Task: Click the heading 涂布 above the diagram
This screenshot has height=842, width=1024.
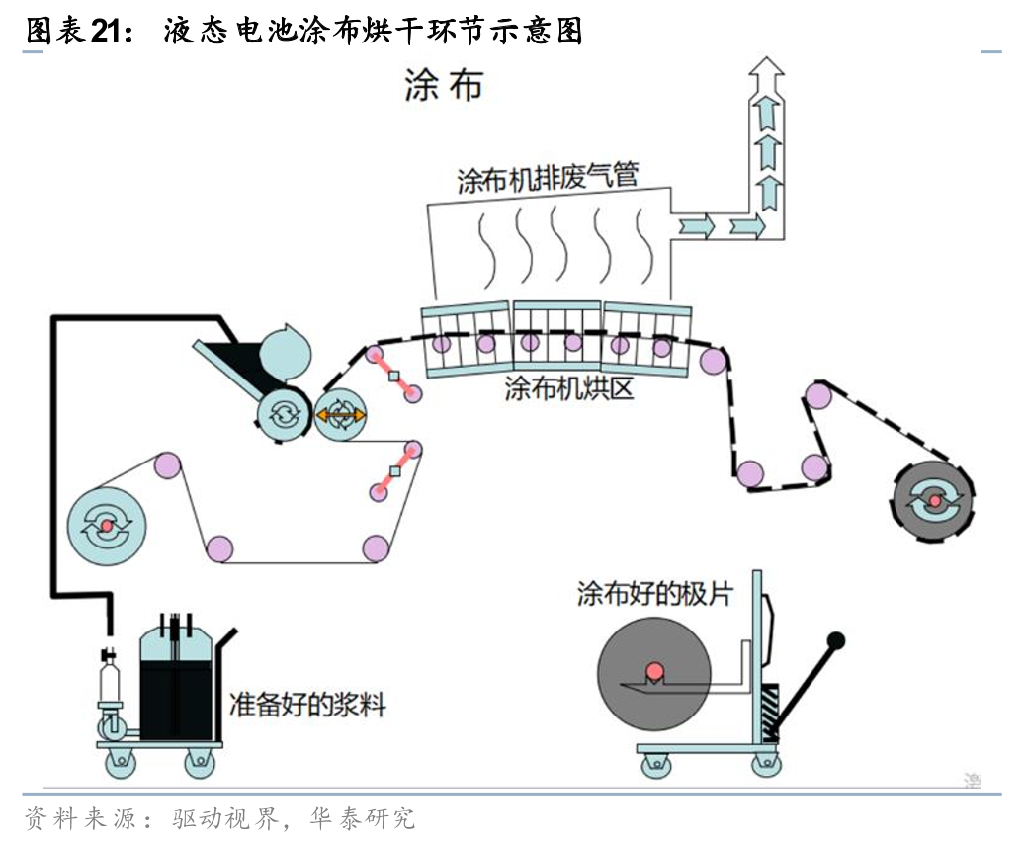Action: click(444, 86)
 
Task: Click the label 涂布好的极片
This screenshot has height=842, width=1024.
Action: click(655, 594)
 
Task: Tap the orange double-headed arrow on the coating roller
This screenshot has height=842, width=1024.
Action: click(340, 416)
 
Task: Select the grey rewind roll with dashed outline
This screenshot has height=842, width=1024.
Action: click(933, 501)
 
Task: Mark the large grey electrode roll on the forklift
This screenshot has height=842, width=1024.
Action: click(653, 673)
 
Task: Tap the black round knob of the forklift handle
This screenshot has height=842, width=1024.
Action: click(836, 640)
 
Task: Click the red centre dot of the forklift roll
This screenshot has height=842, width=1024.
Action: click(653, 672)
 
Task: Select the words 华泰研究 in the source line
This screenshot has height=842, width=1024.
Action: click(363, 818)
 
